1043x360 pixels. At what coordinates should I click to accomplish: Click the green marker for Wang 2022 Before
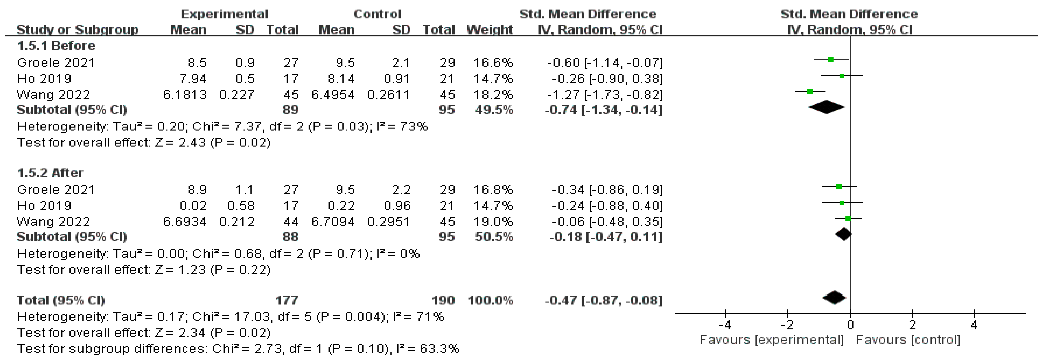(x=810, y=91)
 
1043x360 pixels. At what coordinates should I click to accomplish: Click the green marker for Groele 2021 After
(x=839, y=187)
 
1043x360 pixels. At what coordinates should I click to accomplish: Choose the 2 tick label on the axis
(x=912, y=325)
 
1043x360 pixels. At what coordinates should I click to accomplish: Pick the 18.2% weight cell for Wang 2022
(x=493, y=95)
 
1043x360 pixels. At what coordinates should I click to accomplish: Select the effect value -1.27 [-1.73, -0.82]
(x=605, y=95)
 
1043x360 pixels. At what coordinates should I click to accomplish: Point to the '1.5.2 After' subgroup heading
(x=50, y=173)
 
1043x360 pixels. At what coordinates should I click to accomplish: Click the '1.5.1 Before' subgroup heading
(x=56, y=46)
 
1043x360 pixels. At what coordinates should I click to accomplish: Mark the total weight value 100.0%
(x=490, y=300)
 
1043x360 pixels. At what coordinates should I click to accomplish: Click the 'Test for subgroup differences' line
(x=238, y=349)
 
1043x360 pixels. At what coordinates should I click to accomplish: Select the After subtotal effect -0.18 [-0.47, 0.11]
(x=606, y=237)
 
